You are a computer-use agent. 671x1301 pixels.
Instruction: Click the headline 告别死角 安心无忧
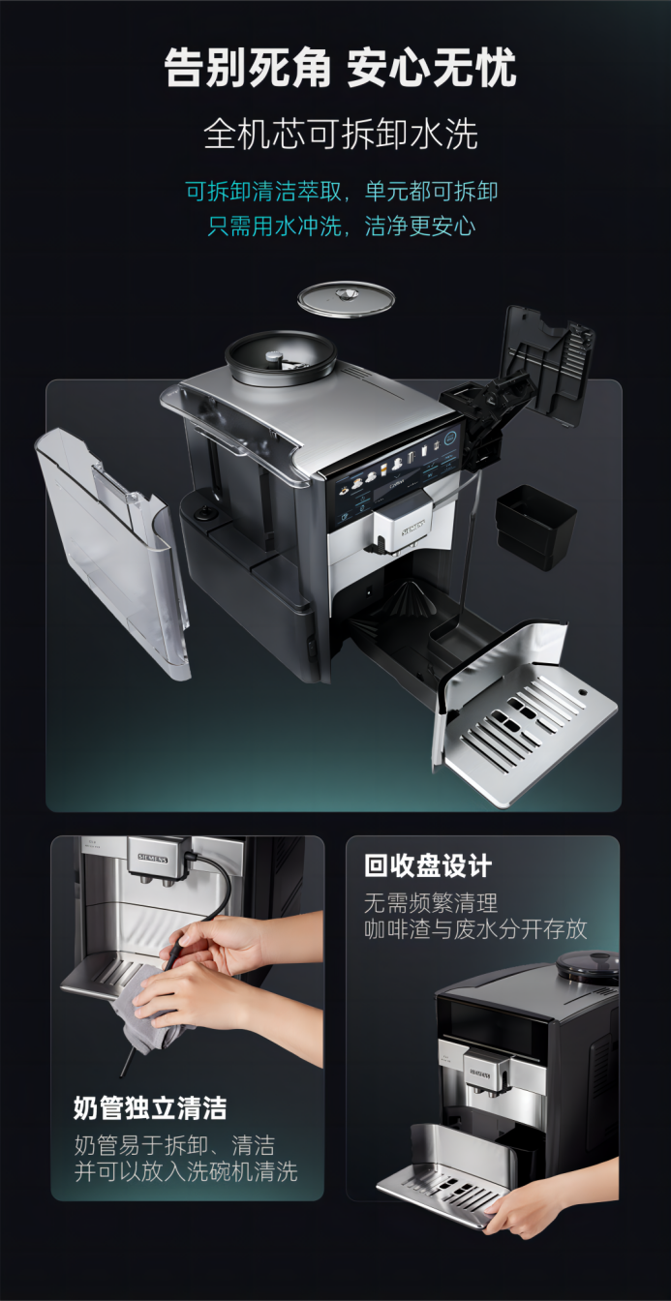coord(341,69)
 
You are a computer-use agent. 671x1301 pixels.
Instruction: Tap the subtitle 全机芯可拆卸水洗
coord(341,135)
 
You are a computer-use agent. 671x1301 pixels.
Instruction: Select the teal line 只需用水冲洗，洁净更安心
coord(342,226)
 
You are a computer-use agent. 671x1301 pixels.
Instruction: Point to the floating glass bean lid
coord(347,299)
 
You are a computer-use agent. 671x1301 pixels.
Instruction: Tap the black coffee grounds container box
coord(535,527)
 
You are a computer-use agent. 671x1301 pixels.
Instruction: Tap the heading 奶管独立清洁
coord(150,1108)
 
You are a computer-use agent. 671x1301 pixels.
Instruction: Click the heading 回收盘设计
coord(428,866)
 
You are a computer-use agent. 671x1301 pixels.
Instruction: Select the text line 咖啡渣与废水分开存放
coord(475,930)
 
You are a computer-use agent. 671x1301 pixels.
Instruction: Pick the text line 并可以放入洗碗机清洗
coord(186,1171)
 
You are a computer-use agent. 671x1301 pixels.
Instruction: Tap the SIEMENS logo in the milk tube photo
coord(153,858)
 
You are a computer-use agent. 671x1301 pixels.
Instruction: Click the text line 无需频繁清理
coord(431,902)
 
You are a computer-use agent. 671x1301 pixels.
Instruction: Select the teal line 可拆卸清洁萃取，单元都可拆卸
coord(342,191)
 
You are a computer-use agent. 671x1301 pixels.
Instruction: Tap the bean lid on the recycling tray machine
coord(587,966)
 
